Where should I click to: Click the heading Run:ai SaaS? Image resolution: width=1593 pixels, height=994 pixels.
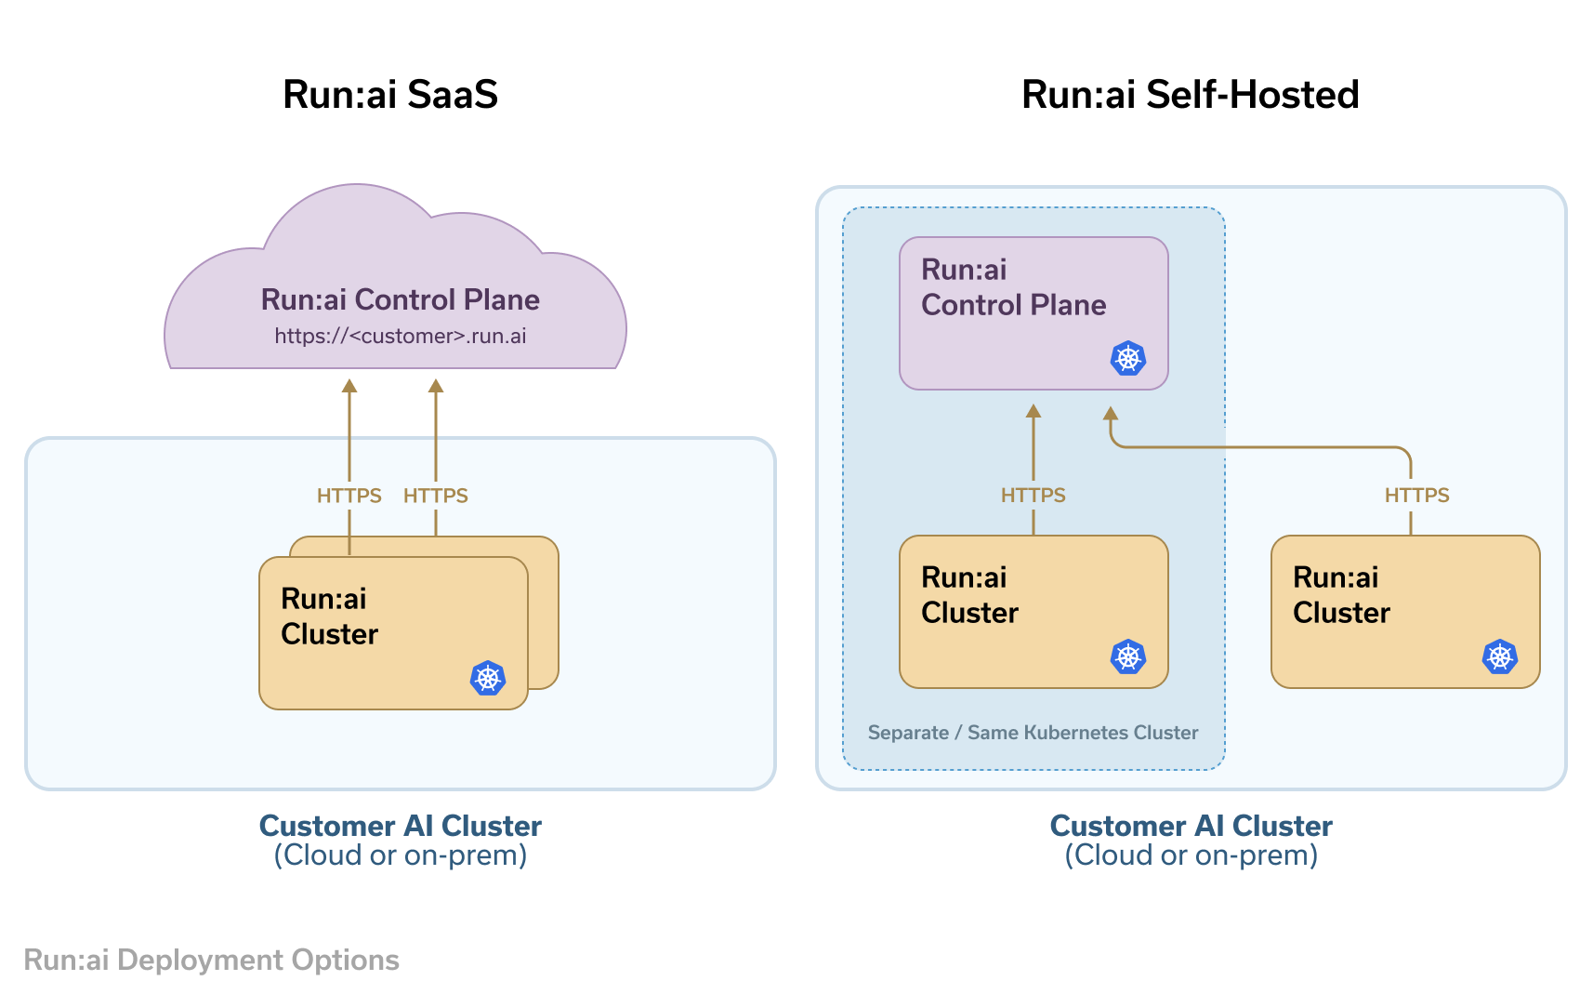390,95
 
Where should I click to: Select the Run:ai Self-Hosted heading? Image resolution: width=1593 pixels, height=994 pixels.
1190,95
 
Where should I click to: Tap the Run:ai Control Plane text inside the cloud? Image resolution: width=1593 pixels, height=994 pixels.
400,299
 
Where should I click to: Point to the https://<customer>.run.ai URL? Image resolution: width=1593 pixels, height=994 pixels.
400,336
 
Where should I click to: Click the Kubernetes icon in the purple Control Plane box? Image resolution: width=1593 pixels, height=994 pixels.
1127,358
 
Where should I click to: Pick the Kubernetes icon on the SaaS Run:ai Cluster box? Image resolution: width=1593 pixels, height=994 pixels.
487,678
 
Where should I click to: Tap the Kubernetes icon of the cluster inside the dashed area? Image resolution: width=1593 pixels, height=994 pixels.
1127,656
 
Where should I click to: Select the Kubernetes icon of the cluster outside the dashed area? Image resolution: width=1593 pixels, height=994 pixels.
1499,656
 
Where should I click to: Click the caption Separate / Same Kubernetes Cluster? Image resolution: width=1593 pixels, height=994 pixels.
1033,733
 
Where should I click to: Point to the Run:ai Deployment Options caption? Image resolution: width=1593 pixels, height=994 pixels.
211,960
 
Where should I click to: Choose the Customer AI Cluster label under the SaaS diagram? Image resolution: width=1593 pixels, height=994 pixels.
400,826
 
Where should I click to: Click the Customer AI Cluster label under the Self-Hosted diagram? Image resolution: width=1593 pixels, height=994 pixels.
1191,826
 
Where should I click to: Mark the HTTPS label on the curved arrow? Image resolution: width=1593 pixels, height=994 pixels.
1416,496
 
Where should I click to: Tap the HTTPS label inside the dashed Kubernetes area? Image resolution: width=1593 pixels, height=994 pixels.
1033,496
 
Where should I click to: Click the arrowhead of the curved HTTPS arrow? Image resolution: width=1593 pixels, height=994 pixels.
1110,414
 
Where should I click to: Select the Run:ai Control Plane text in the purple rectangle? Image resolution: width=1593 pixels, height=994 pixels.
1013,287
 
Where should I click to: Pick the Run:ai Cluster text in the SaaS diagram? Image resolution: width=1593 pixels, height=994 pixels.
329,616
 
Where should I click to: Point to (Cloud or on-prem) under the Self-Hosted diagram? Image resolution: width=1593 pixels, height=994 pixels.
1191,855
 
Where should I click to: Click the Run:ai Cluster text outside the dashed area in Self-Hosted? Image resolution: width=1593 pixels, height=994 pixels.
1341,595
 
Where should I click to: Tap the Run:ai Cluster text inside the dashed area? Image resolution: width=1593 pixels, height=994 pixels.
969,595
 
